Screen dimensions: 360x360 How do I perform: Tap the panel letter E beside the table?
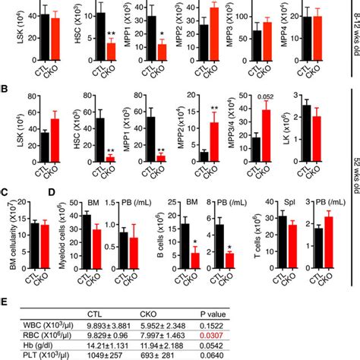tap(5, 300)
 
